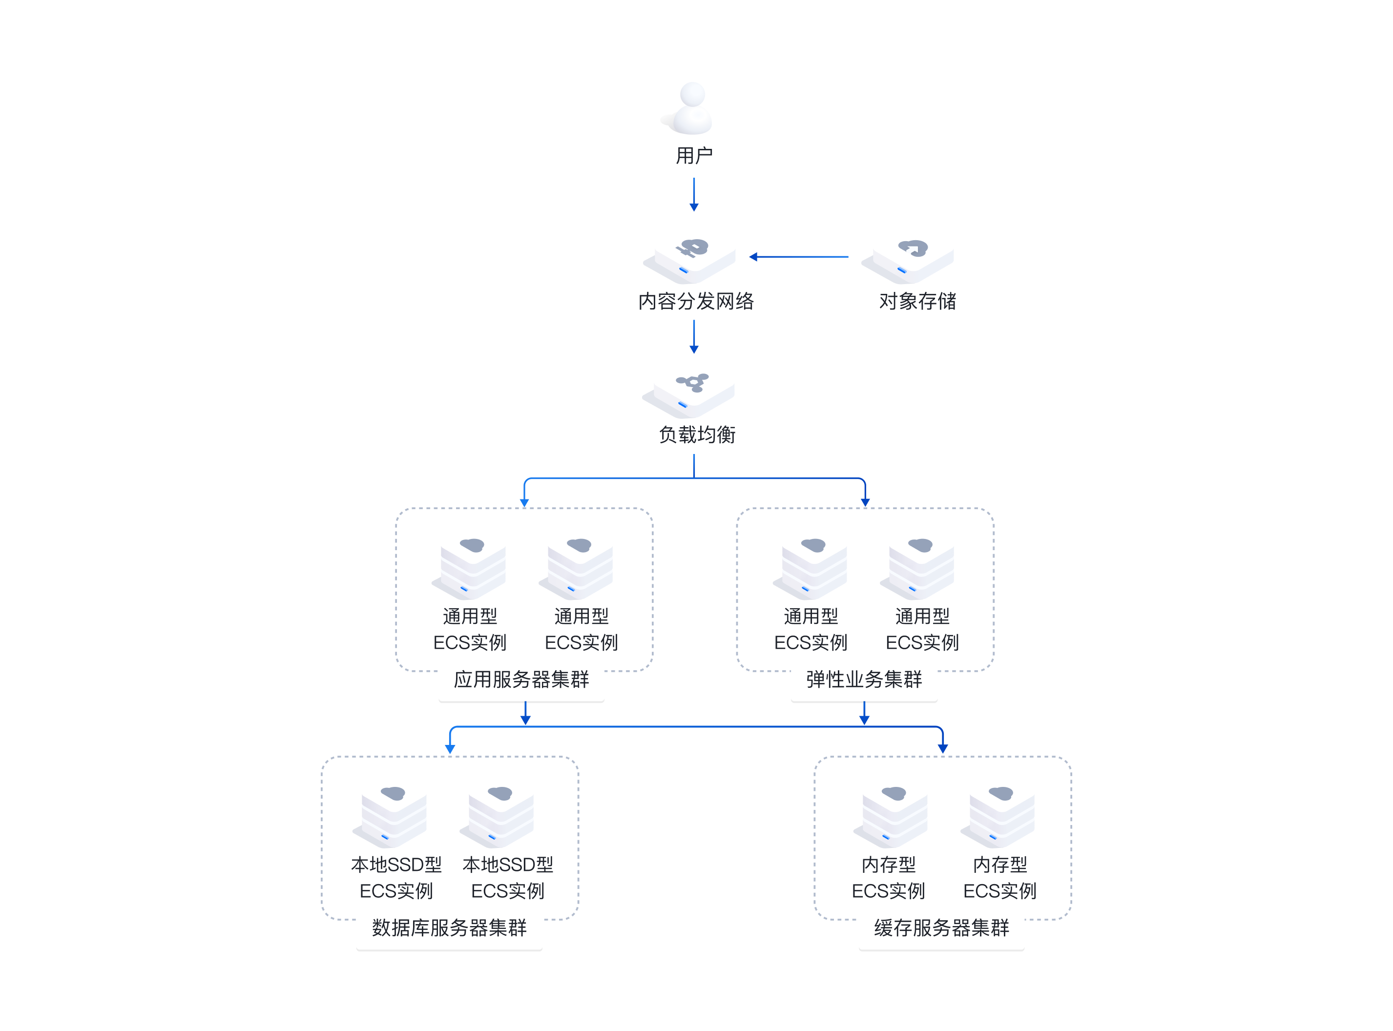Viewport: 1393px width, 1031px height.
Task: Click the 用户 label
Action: (x=694, y=155)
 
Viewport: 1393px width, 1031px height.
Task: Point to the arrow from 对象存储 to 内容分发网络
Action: (x=799, y=256)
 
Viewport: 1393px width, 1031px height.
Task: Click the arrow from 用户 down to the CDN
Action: (x=693, y=195)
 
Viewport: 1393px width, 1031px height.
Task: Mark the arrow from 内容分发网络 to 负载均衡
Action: (x=693, y=337)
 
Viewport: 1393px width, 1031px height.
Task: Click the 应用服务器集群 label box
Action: (x=521, y=680)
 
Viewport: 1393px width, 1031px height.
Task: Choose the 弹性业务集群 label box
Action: (x=864, y=680)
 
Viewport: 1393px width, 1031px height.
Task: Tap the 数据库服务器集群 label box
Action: (x=449, y=928)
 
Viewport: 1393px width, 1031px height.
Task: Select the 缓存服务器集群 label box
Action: (x=941, y=928)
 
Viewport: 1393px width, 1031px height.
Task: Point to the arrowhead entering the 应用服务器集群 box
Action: (x=524, y=502)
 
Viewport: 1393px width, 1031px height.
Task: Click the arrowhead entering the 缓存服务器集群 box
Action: (x=942, y=748)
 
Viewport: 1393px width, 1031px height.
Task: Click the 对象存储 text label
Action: (x=917, y=301)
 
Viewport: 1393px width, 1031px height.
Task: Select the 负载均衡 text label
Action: (x=697, y=434)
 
